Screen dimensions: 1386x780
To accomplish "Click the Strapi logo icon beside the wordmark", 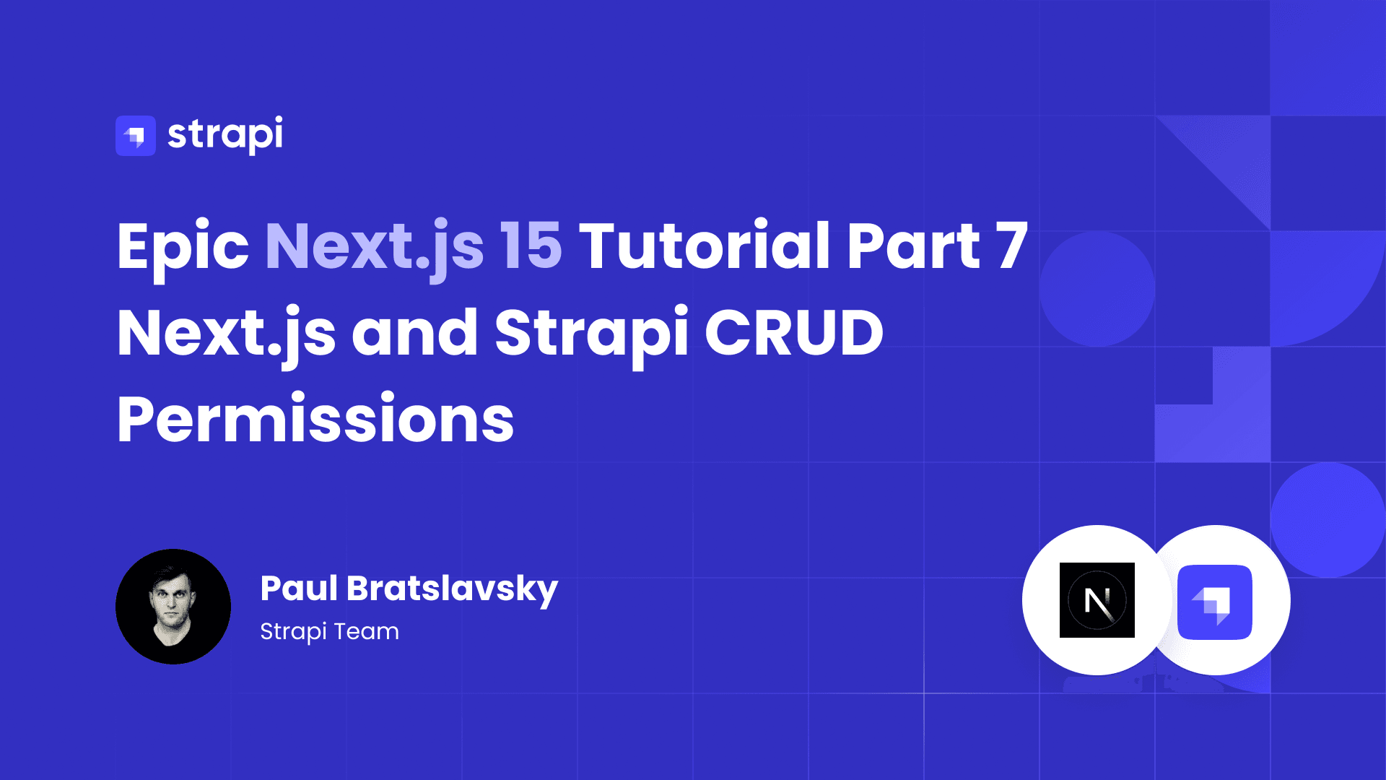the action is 136,136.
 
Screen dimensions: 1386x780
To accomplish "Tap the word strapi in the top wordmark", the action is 225,135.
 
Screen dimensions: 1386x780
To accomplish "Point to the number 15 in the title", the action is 531,246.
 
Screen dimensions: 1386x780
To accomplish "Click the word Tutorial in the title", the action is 705,246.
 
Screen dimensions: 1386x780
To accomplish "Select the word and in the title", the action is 415,333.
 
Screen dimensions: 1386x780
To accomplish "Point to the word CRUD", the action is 794,333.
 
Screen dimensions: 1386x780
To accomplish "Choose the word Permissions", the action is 315,419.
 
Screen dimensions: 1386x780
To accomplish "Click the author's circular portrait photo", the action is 173,607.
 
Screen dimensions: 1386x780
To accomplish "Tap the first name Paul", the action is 299,588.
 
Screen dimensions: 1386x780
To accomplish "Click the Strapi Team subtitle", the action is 329,632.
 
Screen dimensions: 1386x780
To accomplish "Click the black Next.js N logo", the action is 1097,600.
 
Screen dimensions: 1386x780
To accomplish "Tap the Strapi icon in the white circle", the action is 1215,602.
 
